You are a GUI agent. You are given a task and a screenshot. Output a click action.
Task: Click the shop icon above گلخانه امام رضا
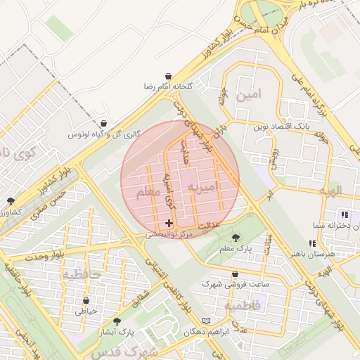[x=169, y=75]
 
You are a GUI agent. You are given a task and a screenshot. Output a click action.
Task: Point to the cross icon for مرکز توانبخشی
[x=169, y=223]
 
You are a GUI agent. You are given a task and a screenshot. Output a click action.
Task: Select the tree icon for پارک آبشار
[x=116, y=321]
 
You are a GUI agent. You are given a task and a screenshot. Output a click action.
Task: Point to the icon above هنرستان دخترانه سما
[x=344, y=214]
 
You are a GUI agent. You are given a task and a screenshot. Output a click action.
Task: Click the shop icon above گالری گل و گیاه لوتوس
[x=104, y=124]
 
